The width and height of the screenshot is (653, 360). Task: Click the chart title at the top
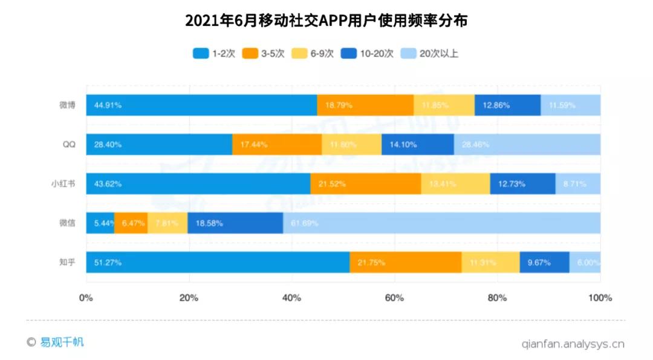tap(326, 21)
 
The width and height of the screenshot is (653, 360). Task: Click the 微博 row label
tap(67, 105)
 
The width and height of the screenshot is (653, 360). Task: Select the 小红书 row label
tap(63, 183)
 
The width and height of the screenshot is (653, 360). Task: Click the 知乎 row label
tap(67, 262)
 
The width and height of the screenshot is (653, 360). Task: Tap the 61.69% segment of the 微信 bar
tap(441, 223)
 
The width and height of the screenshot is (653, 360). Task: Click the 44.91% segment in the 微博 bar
tap(201, 105)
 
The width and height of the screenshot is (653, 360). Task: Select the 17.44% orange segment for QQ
tap(277, 144)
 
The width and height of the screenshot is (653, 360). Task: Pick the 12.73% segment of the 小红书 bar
tap(522, 183)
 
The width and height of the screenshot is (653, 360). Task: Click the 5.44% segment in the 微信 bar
tap(100, 223)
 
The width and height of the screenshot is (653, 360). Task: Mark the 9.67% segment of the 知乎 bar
tap(544, 262)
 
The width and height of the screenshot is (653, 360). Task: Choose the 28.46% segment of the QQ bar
tap(527, 144)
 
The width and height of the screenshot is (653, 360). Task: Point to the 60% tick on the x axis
tap(394, 298)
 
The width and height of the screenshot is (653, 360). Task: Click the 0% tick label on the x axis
tap(86, 298)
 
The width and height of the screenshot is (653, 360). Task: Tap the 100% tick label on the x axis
tap(600, 298)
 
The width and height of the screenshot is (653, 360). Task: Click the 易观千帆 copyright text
tap(56, 342)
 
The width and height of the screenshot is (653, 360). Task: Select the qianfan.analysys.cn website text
tap(573, 344)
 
